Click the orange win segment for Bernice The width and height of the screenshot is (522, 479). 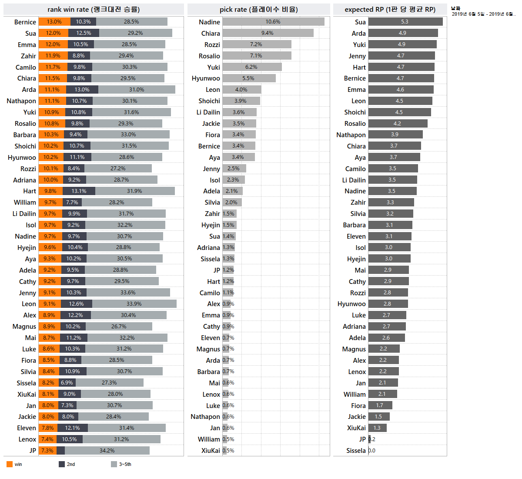pyautogui.click(x=54, y=22)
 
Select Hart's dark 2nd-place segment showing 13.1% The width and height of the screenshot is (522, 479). pyautogui.click(x=79, y=191)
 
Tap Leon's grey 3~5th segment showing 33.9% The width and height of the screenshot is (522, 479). pyautogui.click(x=134, y=304)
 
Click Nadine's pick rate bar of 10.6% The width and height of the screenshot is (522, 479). pyautogui.click(x=273, y=22)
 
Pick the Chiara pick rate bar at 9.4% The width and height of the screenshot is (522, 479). pyautogui.click(x=268, y=33)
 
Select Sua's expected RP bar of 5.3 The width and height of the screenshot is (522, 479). pyautogui.click(x=405, y=22)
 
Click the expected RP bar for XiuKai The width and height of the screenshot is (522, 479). pyautogui.click(x=377, y=428)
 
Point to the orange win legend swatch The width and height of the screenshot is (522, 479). pyautogui.click(x=10, y=464)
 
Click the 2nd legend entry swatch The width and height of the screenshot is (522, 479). pyautogui.click(x=62, y=464)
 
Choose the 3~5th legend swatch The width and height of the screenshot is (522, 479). pyautogui.click(x=114, y=464)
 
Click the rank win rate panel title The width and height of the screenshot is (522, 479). pyautogui.click(x=94, y=10)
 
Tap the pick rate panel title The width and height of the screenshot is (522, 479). pyautogui.click(x=258, y=10)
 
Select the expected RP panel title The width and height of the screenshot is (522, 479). pyautogui.click(x=390, y=10)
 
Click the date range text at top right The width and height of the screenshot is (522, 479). pyautogui.click(x=483, y=14)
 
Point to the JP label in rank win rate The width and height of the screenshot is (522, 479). pyautogui.click(x=33, y=451)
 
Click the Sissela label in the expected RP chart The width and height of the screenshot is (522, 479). pyautogui.click(x=356, y=451)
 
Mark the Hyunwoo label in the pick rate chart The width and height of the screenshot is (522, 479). pyautogui.click(x=206, y=78)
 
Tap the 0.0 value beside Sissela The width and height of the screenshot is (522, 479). pyautogui.click(x=372, y=451)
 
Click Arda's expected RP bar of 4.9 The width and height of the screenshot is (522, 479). pyautogui.click(x=403, y=33)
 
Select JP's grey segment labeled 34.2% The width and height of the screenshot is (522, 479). pyautogui.click(x=107, y=451)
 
